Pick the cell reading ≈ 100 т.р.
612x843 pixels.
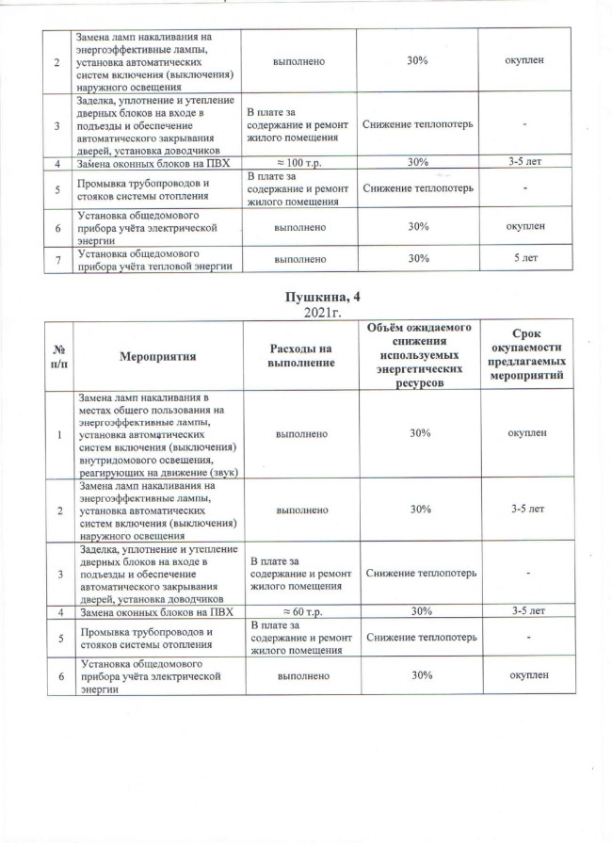click(300, 163)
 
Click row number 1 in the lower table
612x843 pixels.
click(59, 433)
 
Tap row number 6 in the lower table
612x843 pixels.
click(59, 676)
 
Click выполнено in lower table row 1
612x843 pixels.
click(300, 433)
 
